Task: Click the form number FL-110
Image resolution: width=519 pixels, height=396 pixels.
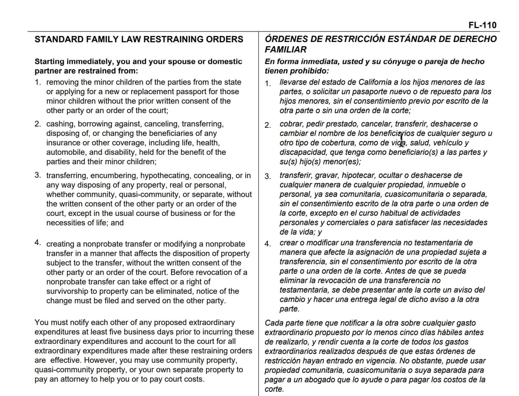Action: (x=482, y=25)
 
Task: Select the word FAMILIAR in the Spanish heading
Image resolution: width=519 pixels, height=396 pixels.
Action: (x=286, y=50)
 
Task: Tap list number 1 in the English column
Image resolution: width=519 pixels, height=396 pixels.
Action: (x=38, y=82)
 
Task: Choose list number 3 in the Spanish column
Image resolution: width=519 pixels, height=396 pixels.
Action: (x=267, y=176)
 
